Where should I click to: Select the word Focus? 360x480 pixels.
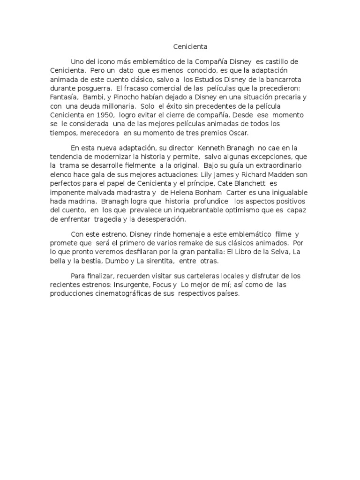[x=164, y=285]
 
